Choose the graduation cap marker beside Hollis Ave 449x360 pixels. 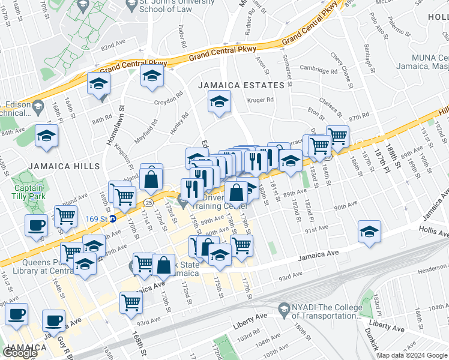tap(369, 231)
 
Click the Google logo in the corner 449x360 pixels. tap(21, 352)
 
